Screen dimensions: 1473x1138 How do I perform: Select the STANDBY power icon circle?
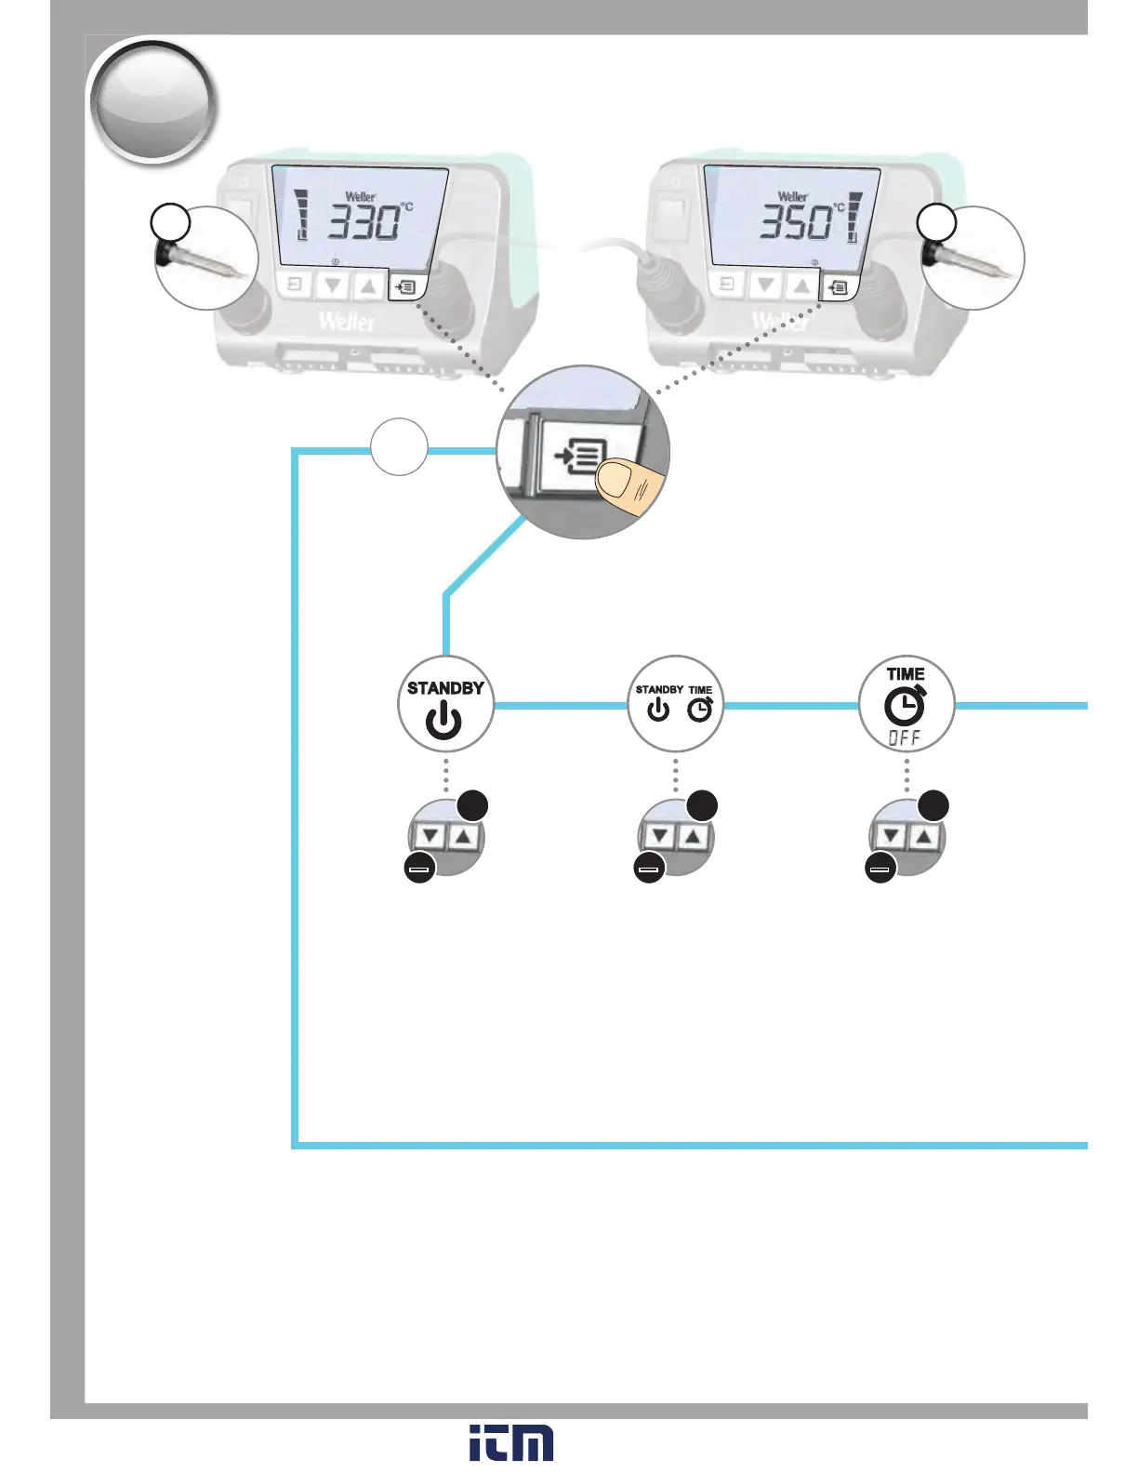(x=445, y=705)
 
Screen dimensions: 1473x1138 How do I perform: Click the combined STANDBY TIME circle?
(x=676, y=704)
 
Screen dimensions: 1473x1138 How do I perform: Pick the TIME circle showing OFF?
(x=906, y=704)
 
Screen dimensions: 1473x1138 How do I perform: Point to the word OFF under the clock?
(x=905, y=738)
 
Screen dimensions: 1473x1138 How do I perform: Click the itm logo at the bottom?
(x=511, y=1442)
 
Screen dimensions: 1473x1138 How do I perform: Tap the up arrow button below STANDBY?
(x=464, y=837)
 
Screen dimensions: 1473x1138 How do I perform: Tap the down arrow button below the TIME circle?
(x=891, y=837)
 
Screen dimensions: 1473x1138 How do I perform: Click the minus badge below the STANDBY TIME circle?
(x=649, y=869)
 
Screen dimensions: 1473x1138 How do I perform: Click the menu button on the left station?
(x=406, y=287)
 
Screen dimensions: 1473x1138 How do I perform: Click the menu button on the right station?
(x=838, y=288)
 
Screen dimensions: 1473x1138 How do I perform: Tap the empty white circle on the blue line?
(x=399, y=447)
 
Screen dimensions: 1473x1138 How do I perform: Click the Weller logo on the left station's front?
(x=347, y=322)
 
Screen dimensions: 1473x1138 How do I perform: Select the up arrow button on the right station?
(x=801, y=285)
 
